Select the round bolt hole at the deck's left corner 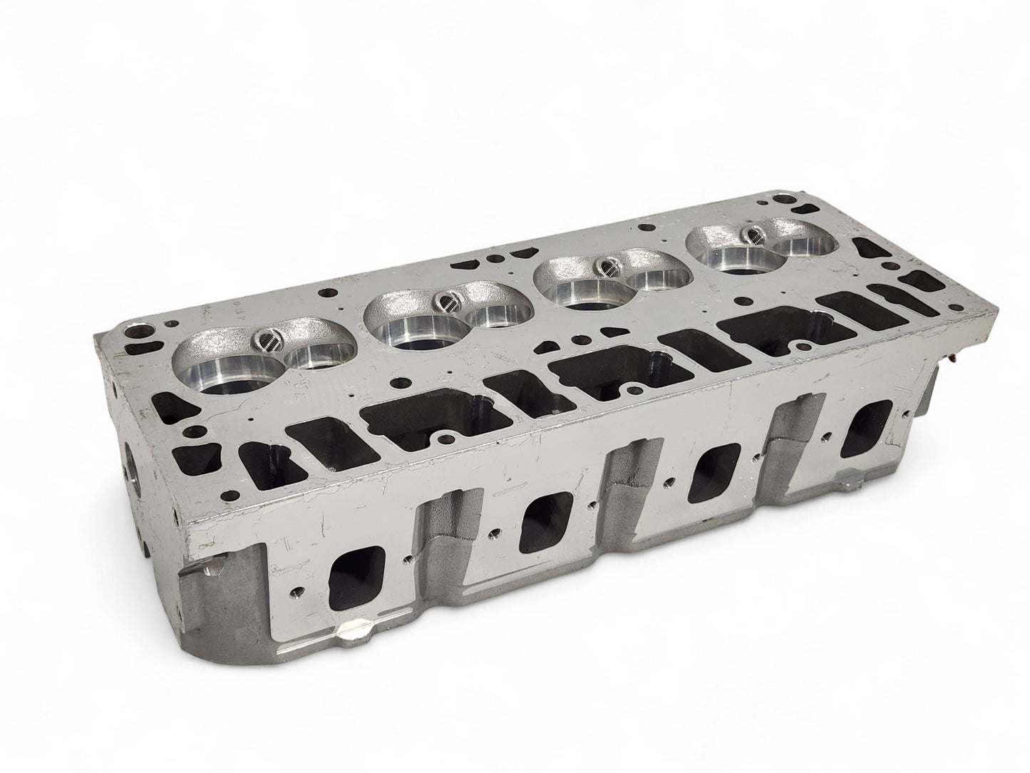click(135, 333)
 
